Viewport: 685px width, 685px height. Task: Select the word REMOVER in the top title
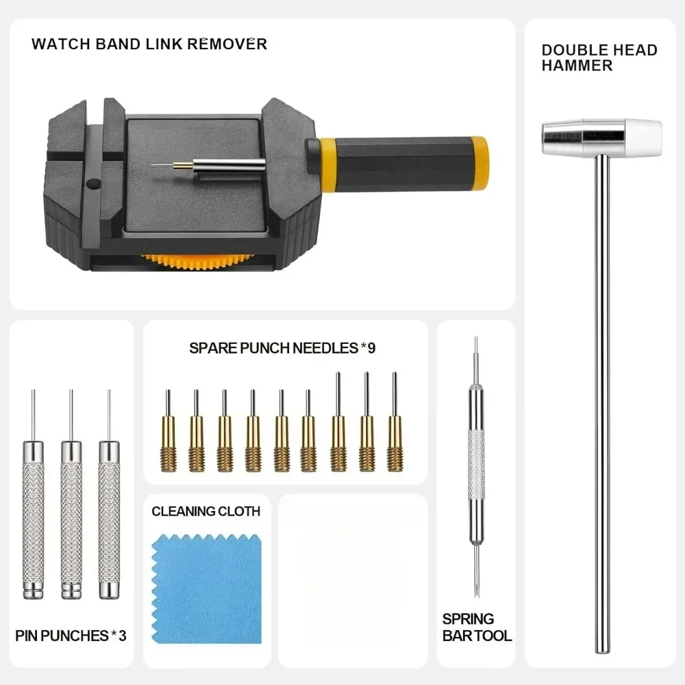tap(227, 45)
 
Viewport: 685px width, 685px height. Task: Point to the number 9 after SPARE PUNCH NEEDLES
tap(371, 348)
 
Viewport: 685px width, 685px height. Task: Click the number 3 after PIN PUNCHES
tap(122, 636)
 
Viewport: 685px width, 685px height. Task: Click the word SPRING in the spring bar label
tap(468, 619)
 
